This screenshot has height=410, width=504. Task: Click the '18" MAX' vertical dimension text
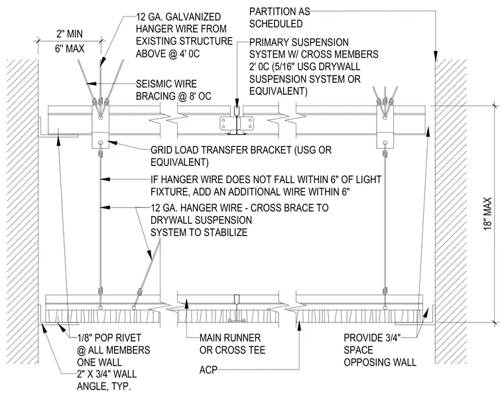[x=487, y=214]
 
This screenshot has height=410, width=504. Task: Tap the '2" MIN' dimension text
[x=70, y=34]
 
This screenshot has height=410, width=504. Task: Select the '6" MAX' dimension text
[x=70, y=49]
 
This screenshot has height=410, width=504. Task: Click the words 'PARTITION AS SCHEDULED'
[x=280, y=18]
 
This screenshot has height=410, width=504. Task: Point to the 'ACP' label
[x=208, y=370]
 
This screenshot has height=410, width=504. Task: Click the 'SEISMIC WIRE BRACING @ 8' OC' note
[x=174, y=90]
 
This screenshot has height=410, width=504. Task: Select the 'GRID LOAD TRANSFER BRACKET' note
[x=241, y=156]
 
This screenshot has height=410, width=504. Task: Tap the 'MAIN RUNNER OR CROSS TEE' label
[x=232, y=344]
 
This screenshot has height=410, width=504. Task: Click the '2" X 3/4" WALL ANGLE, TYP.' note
[x=107, y=379]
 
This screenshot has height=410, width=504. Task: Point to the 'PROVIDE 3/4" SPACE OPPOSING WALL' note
[x=380, y=350]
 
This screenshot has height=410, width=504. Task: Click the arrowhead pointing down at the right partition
[x=436, y=54]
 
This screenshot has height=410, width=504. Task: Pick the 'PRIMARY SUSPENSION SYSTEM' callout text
[x=314, y=67]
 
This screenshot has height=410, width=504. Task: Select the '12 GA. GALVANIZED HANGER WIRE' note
[x=184, y=35]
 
